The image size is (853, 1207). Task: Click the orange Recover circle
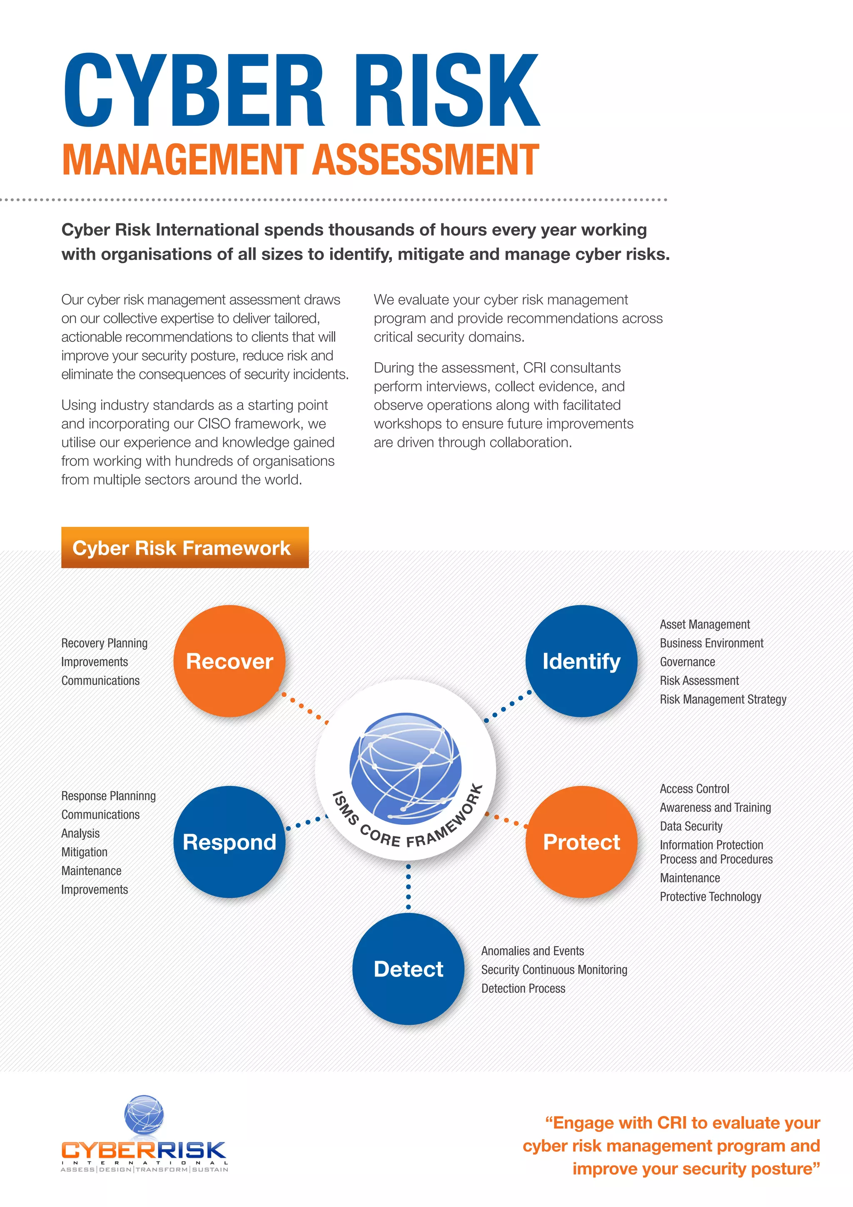229,661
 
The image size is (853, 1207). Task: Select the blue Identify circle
581,661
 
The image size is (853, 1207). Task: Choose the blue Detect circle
409,969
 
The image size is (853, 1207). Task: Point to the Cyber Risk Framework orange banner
185,548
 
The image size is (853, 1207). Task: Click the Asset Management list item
704,624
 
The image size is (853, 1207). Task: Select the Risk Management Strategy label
723,699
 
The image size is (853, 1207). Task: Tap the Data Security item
691,826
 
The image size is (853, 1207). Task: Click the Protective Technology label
710,897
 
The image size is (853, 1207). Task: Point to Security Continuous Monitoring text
554,970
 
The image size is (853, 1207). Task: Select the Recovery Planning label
105,644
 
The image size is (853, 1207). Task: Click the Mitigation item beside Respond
84,852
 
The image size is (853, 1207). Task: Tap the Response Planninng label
108,796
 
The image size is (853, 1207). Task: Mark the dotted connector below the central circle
409,887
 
